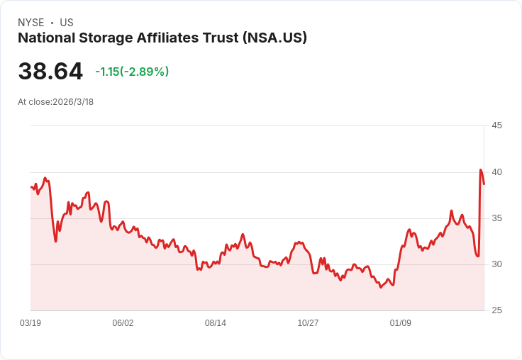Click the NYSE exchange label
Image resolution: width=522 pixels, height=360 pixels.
[x=31, y=23]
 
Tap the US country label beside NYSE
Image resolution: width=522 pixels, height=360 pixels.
[x=67, y=23]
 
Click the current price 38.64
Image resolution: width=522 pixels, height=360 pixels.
[x=50, y=72]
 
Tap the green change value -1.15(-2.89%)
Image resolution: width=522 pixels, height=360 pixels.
[x=132, y=72]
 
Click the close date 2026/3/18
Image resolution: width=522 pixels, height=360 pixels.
[x=73, y=102]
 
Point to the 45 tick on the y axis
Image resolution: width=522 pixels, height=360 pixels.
[x=496, y=125]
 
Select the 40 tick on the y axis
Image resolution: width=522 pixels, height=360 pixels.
[x=496, y=171]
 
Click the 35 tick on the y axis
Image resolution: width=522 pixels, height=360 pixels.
[x=496, y=218]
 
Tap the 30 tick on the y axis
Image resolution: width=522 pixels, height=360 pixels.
[x=496, y=264]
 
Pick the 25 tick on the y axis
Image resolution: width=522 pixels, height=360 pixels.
[x=496, y=310]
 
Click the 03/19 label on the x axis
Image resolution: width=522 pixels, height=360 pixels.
[x=30, y=323]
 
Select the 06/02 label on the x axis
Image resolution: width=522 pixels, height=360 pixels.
[x=123, y=323]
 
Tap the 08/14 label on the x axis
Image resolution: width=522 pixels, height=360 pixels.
[x=216, y=323]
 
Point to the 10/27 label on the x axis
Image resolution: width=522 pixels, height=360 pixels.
[x=308, y=323]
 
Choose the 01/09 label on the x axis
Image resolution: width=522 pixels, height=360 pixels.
[x=401, y=323]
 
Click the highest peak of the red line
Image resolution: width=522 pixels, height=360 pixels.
[x=481, y=170]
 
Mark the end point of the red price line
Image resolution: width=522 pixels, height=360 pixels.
[x=484, y=184]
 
